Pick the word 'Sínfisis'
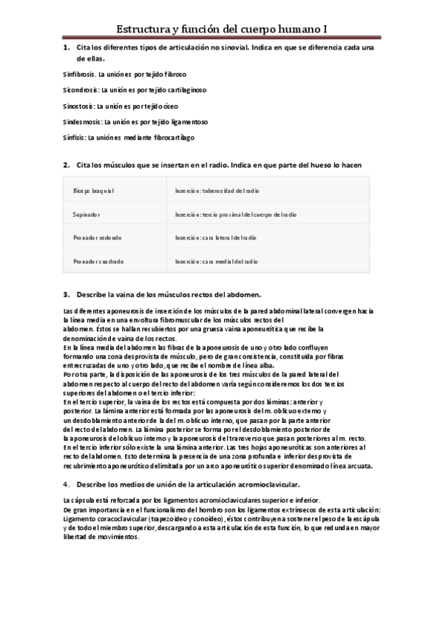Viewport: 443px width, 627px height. [72, 137]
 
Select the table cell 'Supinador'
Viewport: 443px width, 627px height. [87, 214]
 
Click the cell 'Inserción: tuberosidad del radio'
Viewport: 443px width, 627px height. [217, 191]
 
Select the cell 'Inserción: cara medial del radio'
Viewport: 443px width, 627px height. [217, 261]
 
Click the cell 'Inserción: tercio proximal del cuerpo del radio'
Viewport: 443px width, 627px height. [236, 214]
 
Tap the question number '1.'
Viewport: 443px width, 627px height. [66, 48]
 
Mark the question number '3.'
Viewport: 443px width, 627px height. [66, 294]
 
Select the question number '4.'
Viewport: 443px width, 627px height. [66, 484]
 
